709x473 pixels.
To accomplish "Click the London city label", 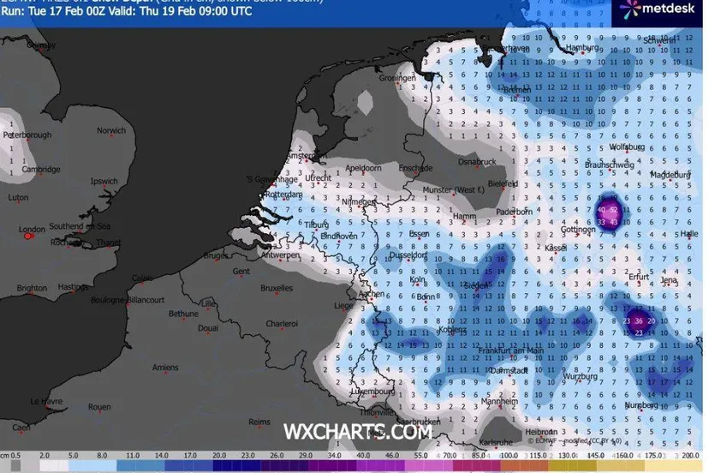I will (x=32, y=229).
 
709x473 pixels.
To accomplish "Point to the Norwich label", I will (x=111, y=131).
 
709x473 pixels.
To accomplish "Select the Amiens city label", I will (x=165, y=368).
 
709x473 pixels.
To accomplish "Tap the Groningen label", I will (x=396, y=78).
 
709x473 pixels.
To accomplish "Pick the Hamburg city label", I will (x=583, y=49).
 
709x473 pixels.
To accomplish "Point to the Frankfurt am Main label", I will (x=512, y=350).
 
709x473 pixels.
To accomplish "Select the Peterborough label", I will (x=27, y=135).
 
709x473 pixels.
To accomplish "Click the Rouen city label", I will (x=99, y=407).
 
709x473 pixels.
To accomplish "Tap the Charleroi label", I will (x=282, y=323).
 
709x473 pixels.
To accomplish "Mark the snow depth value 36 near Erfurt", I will (x=639, y=321).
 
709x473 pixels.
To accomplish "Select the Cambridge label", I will (x=41, y=169).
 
